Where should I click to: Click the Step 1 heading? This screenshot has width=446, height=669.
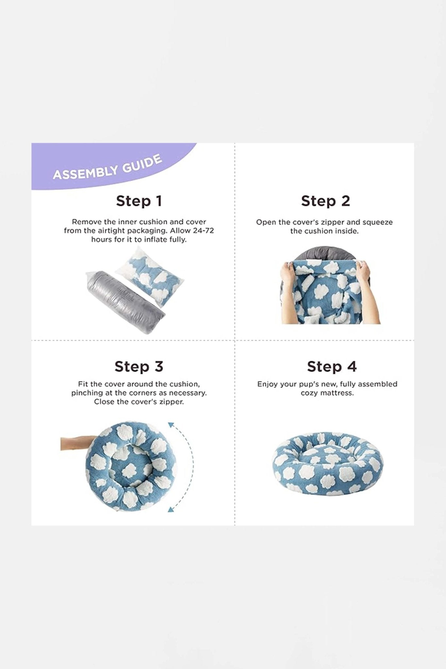[139, 201]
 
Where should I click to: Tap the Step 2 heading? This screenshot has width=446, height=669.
[325, 201]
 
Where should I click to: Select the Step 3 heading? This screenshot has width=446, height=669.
[139, 367]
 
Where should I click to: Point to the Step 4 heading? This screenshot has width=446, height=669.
[332, 367]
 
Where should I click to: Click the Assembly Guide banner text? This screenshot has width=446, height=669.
[107, 167]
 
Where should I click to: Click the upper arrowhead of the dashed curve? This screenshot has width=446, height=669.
[171, 424]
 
